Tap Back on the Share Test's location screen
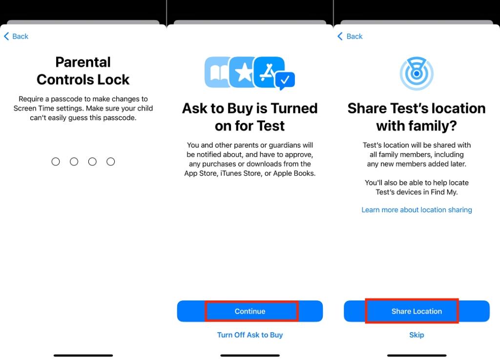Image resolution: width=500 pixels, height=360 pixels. click(x=350, y=37)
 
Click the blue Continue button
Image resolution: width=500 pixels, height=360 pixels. click(x=250, y=311)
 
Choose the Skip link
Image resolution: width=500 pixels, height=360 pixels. click(x=417, y=335)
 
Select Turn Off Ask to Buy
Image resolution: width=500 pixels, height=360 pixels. click(x=250, y=335)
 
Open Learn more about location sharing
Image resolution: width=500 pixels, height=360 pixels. click(x=417, y=210)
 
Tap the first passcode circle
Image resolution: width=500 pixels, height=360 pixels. click(x=56, y=161)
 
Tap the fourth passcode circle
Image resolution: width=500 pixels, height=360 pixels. click(x=111, y=161)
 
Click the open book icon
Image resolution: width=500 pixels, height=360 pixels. click(x=217, y=73)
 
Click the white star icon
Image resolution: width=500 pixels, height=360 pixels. click(x=243, y=73)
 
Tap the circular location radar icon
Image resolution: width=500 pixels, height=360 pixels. click(x=417, y=74)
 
